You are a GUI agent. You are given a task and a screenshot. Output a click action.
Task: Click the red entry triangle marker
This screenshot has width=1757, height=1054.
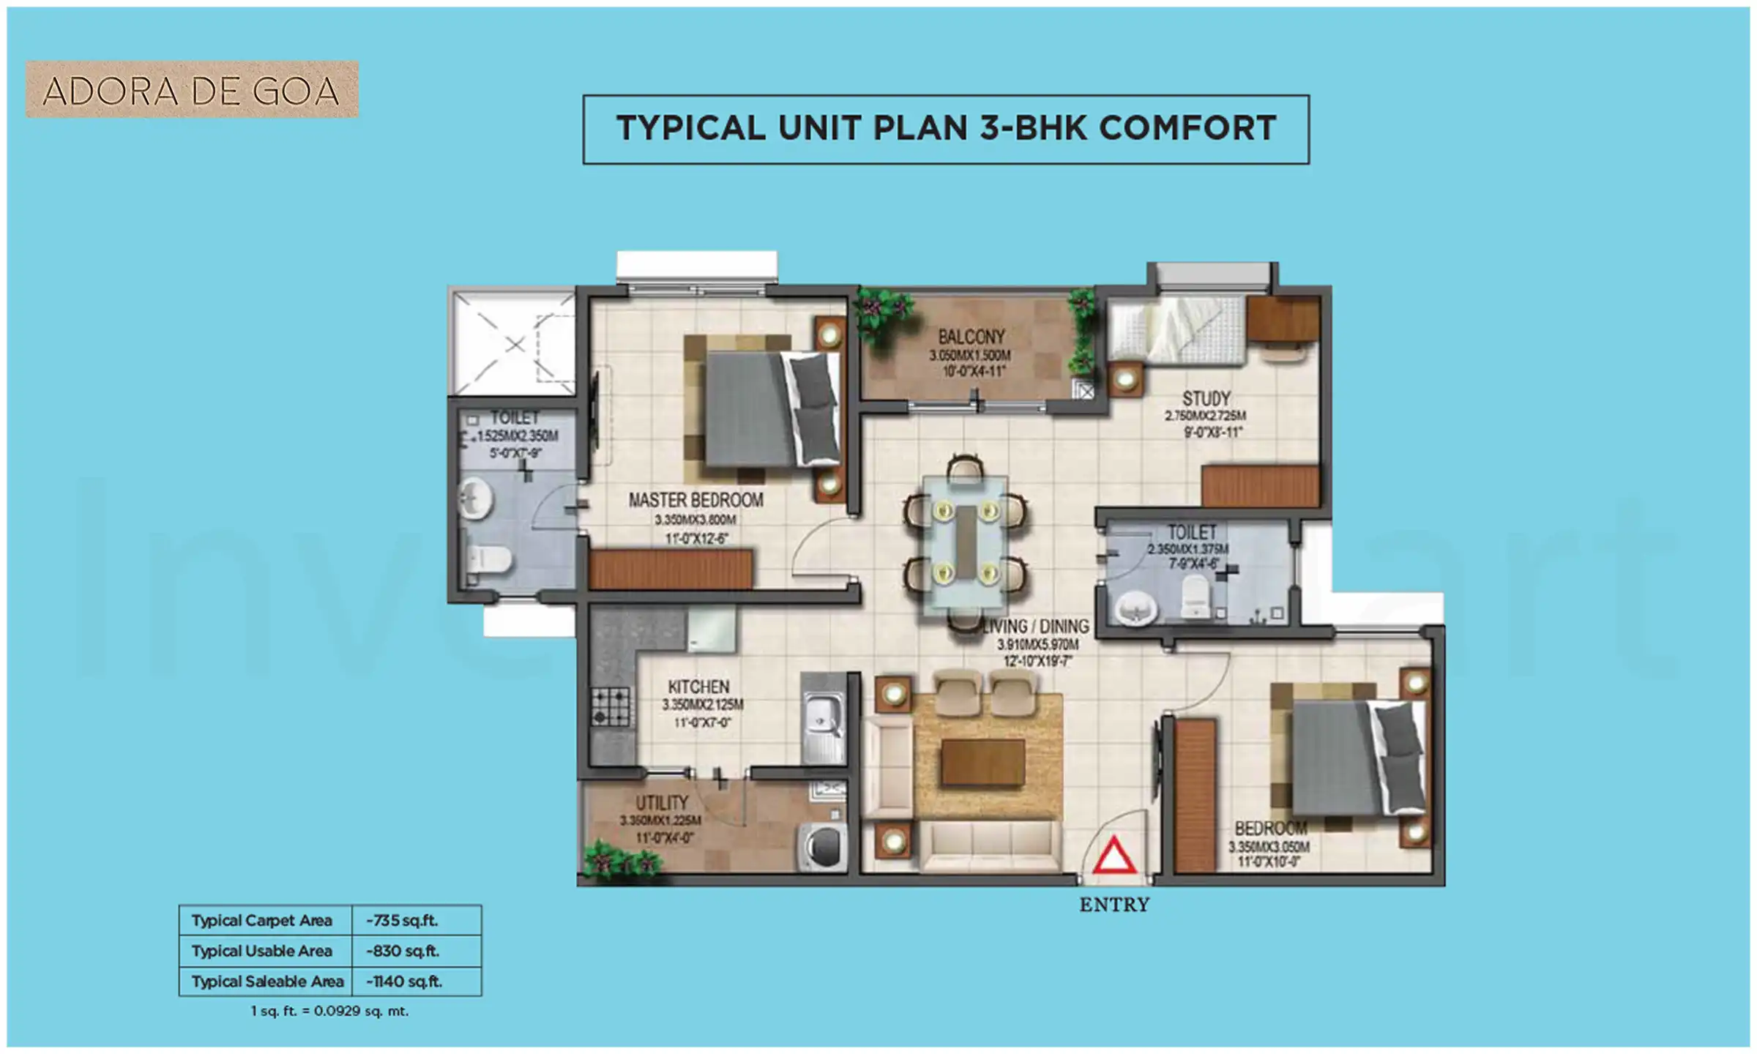1113,856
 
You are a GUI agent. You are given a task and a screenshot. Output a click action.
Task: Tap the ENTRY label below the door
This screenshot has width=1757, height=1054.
1114,905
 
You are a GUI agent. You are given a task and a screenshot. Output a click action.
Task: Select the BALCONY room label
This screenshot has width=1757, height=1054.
971,337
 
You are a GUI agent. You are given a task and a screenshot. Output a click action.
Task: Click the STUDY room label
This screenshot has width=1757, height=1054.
1206,399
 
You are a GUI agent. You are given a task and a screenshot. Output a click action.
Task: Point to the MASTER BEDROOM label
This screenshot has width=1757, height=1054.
695,500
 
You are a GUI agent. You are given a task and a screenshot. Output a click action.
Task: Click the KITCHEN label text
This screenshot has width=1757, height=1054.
698,687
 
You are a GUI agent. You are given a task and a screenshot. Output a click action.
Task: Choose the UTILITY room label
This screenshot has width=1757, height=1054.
661,802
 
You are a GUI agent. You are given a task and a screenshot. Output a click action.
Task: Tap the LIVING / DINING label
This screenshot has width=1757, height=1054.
1035,627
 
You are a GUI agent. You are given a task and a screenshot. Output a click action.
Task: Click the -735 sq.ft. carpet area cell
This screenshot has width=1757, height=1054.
403,921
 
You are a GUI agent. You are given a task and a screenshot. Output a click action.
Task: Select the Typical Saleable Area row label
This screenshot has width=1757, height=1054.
267,982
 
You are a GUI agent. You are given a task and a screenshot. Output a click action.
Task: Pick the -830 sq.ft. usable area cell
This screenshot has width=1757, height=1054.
403,951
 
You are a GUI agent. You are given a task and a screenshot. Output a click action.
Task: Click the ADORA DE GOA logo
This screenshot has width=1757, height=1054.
192,90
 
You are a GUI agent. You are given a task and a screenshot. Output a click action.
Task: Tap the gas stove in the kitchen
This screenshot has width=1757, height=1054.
610,706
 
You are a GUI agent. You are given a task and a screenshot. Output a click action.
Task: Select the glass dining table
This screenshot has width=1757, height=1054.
965,542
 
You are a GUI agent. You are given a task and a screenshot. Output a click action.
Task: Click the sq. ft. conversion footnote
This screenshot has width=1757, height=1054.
329,1012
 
